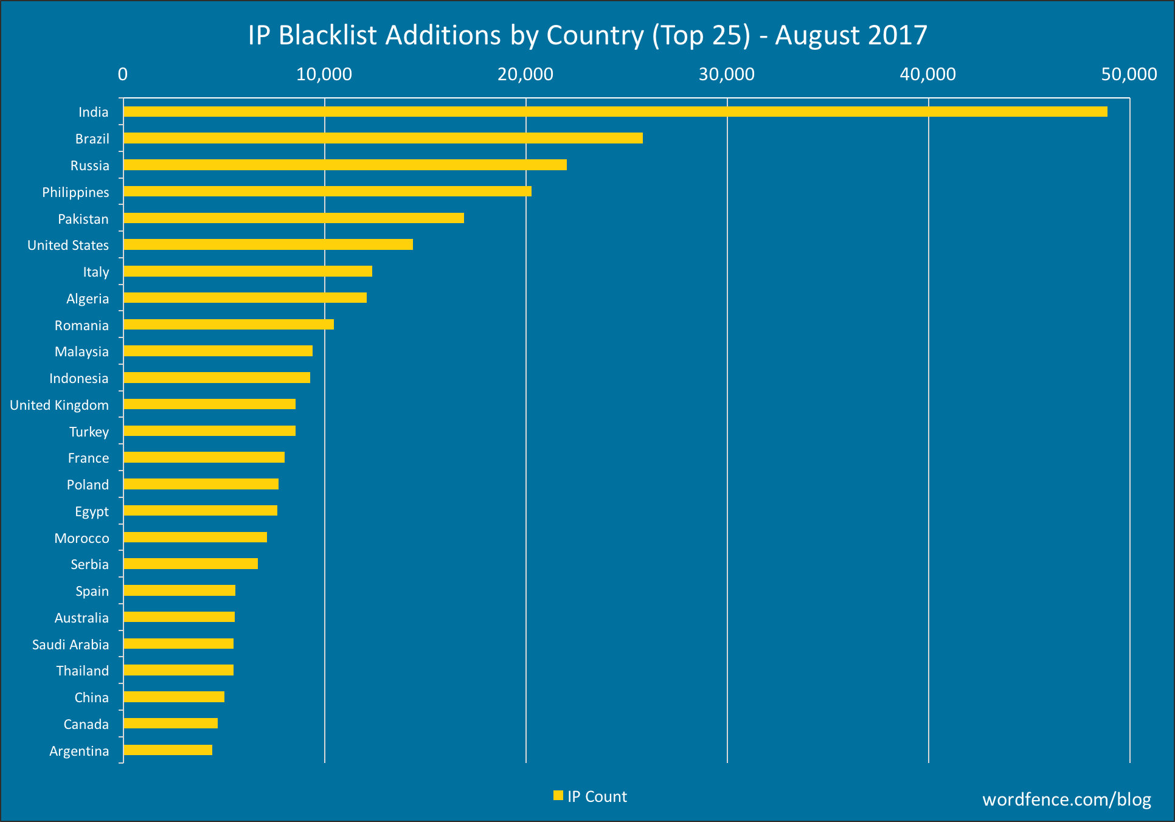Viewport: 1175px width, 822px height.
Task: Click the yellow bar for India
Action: pyautogui.click(x=614, y=112)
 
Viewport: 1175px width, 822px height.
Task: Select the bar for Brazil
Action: pyautogui.click(x=383, y=138)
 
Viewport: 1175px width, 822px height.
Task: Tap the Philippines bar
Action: pyautogui.click(x=327, y=192)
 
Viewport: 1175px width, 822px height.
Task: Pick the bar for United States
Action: pyautogui.click(x=268, y=244)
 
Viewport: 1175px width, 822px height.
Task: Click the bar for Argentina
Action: pyautogui.click(x=168, y=750)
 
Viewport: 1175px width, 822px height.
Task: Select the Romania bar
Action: pyautogui.click(x=229, y=325)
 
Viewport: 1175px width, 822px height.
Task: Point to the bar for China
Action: pyautogui.click(x=174, y=697)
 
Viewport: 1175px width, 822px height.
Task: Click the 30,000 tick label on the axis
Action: pyautogui.click(x=726, y=74)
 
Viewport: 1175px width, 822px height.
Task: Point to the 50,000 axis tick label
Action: pyautogui.click(x=1129, y=74)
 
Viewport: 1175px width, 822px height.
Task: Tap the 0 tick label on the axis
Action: pyautogui.click(x=123, y=74)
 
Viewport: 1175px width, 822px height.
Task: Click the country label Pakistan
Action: pyautogui.click(x=83, y=219)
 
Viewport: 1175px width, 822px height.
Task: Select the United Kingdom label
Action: pyautogui.click(x=60, y=405)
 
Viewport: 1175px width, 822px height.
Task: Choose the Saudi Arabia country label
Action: pyautogui.click(x=71, y=644)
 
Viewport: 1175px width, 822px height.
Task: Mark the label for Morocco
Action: pyautogui.click(x=82, y=538)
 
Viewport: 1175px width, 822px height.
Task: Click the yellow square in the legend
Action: pyautogui.click(x=558, y=795)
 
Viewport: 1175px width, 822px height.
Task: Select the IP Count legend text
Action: pyautogui.click(x=597, y=796)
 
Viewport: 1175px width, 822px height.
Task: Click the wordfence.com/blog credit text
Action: pyautogui.click(x=1067, y=799)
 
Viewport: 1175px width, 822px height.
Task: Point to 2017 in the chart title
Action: pyautogui.click(x=898, y=35)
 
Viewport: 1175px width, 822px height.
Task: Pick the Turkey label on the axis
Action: pyautogui.click(x=89, y=432)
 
